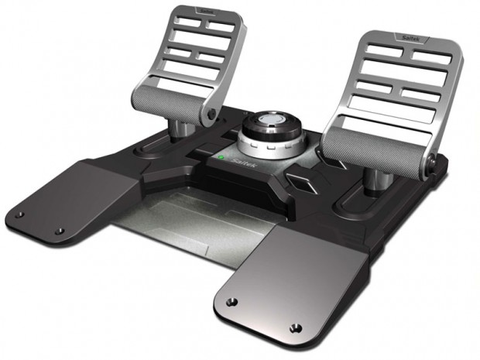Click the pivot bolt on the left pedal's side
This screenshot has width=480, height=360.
coord(210,115)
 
